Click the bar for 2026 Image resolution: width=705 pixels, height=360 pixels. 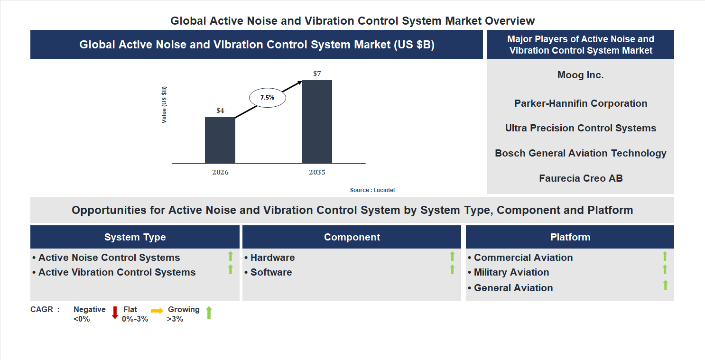click(220, 140)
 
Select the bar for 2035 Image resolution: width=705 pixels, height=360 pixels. click(317, 121)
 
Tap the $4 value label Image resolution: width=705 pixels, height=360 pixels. click(220, 111)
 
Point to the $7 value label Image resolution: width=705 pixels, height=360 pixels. click(317, 74)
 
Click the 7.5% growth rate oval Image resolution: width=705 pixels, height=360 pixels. click(268, 98)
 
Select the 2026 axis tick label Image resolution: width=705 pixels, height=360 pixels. click(220, 172)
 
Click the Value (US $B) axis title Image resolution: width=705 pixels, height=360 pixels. click(164, 105)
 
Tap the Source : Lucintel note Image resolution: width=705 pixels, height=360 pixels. click(372, 190)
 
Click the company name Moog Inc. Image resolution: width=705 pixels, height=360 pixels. click(580, 75)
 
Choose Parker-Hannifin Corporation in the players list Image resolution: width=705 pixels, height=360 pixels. click(580, 103)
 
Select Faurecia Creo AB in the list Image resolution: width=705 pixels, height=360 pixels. click(580, 178)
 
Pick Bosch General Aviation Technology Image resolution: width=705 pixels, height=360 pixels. click(580, 153)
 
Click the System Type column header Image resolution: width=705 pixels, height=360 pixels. click(135, 237)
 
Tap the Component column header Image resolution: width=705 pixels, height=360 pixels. click(352, 237)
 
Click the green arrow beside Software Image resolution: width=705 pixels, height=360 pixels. click(452, 269)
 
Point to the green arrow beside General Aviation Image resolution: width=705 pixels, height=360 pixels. click(665, 285)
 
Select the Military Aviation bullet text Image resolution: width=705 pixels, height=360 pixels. click(511, 272)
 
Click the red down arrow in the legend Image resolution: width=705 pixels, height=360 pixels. click(114, 313)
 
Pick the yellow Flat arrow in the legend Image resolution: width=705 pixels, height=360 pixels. click(157, 311)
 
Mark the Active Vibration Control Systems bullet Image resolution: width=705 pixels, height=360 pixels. click(117, 272)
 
